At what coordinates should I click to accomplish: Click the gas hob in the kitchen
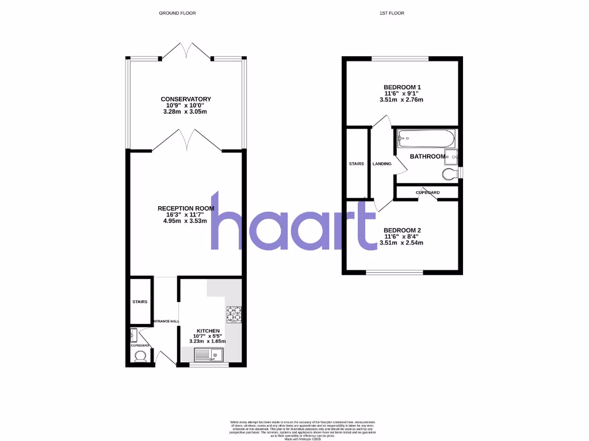tap(234, 315)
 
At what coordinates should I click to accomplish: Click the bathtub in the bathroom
tap(426, 138)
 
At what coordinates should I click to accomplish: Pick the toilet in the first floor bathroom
tap(450, 173)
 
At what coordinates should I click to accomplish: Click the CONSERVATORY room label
tap(186, 99)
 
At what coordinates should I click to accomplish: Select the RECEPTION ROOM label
tap(186, 208)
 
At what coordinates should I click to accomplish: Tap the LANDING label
tap(382, 164)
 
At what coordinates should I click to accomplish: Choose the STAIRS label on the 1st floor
tap(357, 164)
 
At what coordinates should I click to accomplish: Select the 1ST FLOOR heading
tap(392, 13)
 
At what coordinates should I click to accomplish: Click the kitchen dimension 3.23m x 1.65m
tap(208, 341)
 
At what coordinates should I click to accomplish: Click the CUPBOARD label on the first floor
tap(427, 192)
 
